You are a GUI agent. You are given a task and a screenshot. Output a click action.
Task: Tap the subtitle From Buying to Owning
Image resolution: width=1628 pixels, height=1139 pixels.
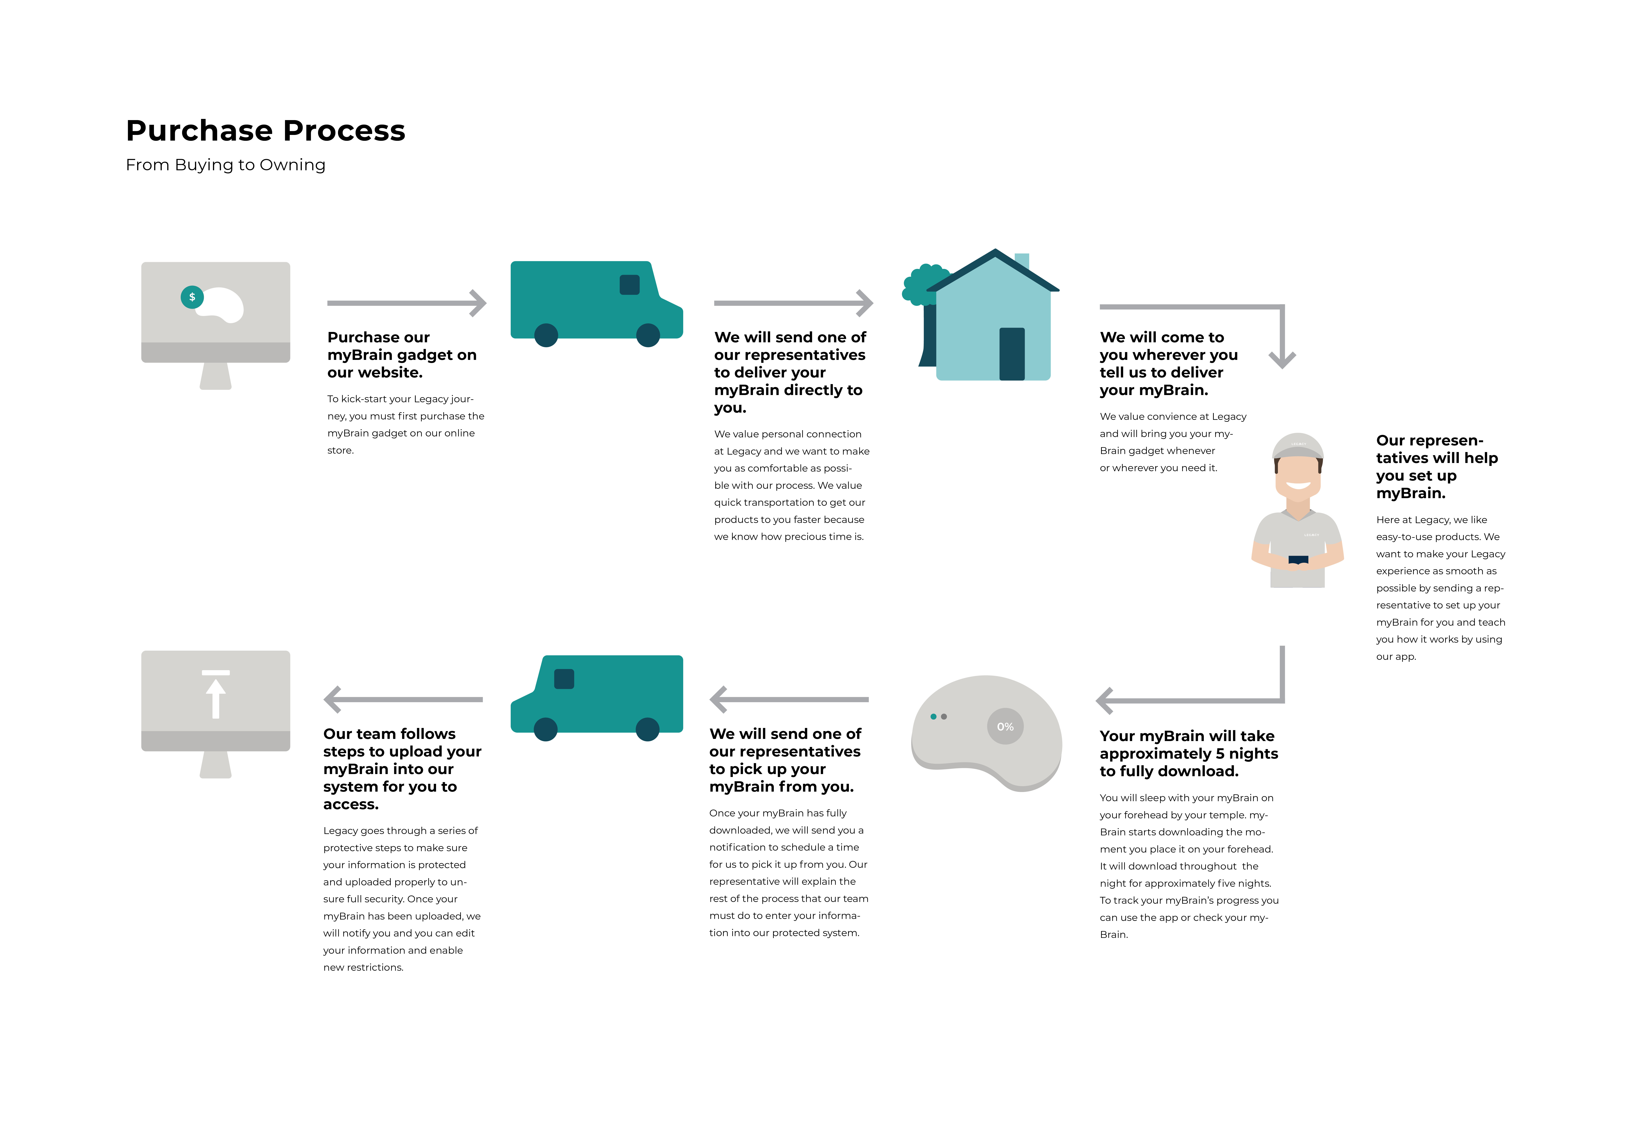click(x=225, y=165)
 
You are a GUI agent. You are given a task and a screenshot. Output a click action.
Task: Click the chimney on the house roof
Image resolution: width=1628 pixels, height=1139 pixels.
click(x=1022, y=260)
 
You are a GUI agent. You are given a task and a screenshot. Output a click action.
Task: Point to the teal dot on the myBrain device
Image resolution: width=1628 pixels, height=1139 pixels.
click(x=933, y=717)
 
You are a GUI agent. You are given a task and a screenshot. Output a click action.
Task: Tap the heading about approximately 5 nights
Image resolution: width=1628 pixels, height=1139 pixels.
click(x=1188, y=753)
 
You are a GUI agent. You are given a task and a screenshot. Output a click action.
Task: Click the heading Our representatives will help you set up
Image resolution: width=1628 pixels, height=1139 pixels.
click(x=1437, y=466)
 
